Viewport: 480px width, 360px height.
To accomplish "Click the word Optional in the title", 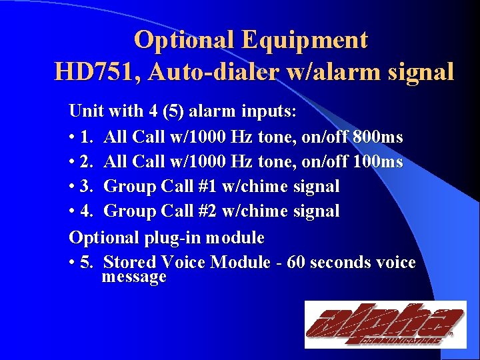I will (184, 40).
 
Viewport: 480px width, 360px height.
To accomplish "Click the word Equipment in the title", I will (305, 40).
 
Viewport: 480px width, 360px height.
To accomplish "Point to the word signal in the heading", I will (417, 71).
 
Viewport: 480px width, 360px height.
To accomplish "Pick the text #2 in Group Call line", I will (206, 212).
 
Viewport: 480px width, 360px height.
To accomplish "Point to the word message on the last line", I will (133, 277).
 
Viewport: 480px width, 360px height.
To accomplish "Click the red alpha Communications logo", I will (385, 325).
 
